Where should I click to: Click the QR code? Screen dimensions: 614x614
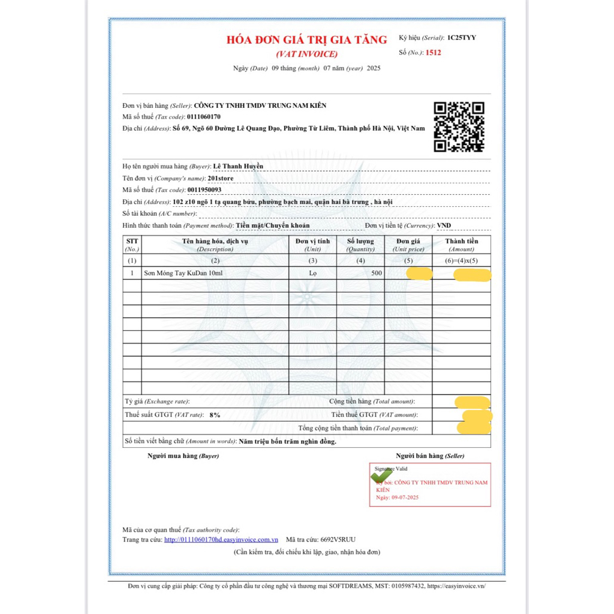(459, 127)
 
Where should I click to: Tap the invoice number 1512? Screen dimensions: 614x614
(433, 53)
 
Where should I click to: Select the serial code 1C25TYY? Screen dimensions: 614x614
(462, 38)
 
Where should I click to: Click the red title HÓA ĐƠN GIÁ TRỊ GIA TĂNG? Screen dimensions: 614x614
(306, 40)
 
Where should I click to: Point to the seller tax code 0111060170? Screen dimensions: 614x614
(204, 117)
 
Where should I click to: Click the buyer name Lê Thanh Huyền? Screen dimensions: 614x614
(239, 166)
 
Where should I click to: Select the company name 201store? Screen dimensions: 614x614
(220, 178)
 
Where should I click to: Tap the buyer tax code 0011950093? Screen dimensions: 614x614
(204, 190)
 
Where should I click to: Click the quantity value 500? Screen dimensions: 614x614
(377, 273)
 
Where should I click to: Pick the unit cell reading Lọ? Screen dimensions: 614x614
(312, 273)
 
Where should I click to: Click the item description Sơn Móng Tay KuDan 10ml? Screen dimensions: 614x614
(183, 273)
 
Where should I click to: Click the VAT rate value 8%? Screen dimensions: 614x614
(215, 415)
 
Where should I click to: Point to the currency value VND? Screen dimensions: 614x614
(444, 225)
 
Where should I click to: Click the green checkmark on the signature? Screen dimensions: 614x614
(381, 474)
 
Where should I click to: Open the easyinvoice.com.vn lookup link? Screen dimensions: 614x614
(221, 540)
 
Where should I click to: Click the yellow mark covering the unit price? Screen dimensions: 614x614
(419, 274)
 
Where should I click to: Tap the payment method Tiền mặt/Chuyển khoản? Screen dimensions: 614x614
(273, 225)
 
